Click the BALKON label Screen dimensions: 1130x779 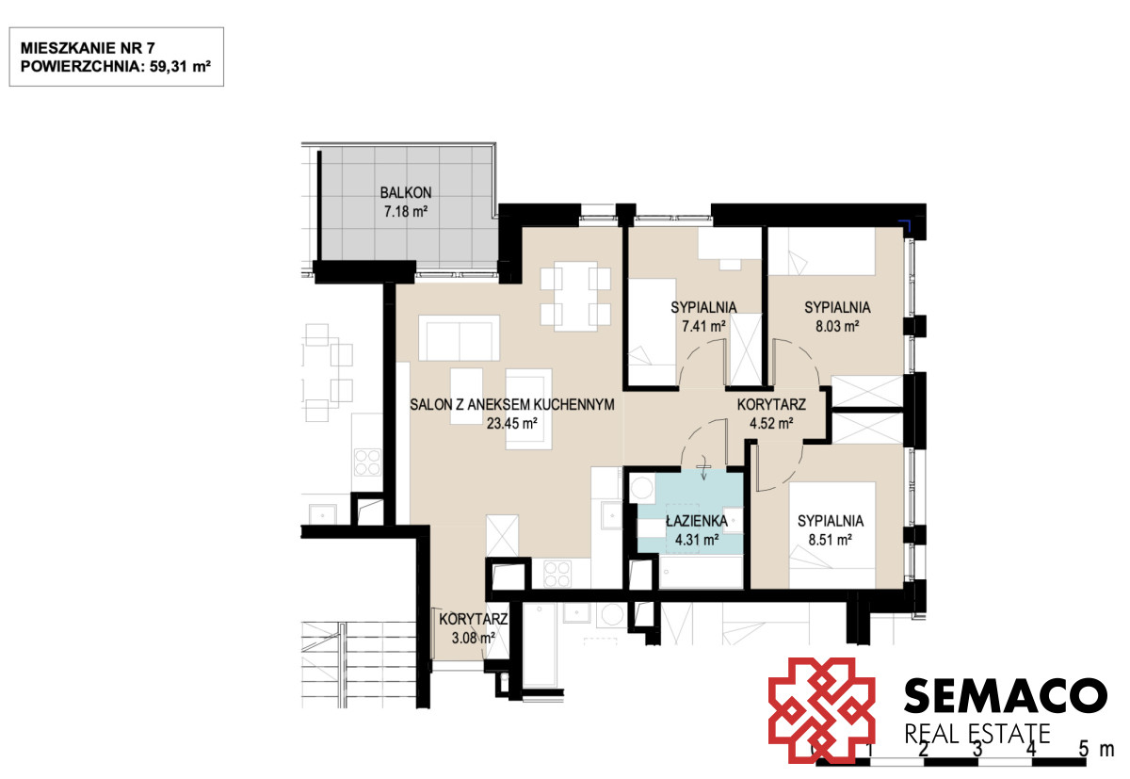(x=406, y=193)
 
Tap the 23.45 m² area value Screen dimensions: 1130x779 (x=511, y=423)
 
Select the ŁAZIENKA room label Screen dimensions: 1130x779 (x=697, y=520)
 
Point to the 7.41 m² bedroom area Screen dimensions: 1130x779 (x=703, y=327)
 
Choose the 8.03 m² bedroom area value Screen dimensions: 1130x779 (x=837, y=327)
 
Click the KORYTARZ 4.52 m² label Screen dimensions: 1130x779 (x=771, y=414)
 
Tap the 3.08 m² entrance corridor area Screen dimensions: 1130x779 (x=473, y=639)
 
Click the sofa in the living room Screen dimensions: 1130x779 (x=460, y=338)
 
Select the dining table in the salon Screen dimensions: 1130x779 (x=575, y=296)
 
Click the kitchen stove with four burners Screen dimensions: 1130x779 (x=557, y=575)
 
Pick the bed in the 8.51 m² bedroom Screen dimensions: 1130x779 (x=832, y=535)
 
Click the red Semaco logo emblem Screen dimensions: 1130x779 (x=821, y=710)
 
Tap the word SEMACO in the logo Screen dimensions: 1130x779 (x=1006, y=696)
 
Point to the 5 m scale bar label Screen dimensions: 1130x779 (x=1096, y=749)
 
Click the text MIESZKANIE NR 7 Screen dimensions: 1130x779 (x=88, y=48)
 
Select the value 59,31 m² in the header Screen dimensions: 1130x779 (x=180, y=66)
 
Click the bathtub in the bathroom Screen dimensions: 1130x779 (x=702, y=572)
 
